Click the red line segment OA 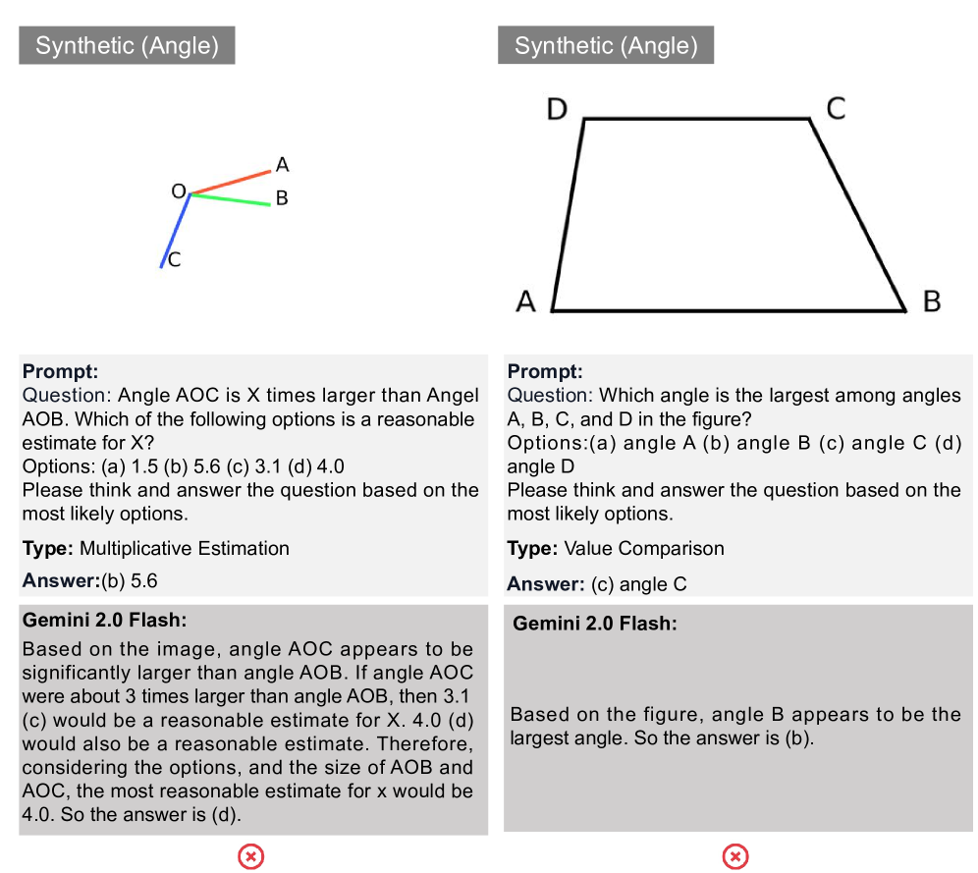[231, 183]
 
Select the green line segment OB [231, 199]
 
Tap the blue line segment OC [176, 230]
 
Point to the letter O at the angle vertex [179, 191]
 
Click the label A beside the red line [282, 164]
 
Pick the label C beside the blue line [174, 260]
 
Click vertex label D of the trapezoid [557, 108]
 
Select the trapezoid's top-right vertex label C [836, 108]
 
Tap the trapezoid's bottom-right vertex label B [932, 301]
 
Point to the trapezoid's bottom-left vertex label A [526, 301]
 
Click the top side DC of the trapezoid [697, 119]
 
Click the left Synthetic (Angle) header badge [127, 45]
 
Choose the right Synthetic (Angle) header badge [606, 45]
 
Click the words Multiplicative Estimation [185, 548]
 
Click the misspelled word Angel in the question [453, 396]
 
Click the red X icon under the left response [251, 857]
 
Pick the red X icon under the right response [735, 857]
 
